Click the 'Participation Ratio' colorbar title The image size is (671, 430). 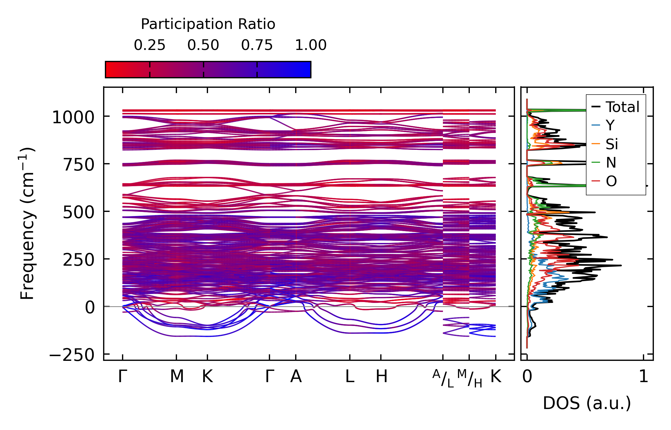(208, 24)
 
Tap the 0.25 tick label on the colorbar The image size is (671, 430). (150, 45)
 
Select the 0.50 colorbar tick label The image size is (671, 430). (203, 45)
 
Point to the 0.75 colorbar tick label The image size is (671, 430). (257, 45)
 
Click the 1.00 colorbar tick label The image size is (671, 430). (311, 45)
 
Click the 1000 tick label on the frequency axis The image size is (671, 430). (73, 117)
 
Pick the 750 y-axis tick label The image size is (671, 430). (79, 165)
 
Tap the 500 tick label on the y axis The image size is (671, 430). (79, 212)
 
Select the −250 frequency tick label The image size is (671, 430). (72, 355)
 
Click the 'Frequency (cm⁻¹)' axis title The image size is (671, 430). (27, 223)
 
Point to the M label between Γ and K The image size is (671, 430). (177, 377)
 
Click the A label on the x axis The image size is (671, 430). (296, 377)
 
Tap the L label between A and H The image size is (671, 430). (350, 377)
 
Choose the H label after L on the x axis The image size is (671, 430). (381, 377)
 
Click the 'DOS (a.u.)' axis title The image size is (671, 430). (587, 403)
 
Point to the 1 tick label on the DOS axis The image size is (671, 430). (644, 377)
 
